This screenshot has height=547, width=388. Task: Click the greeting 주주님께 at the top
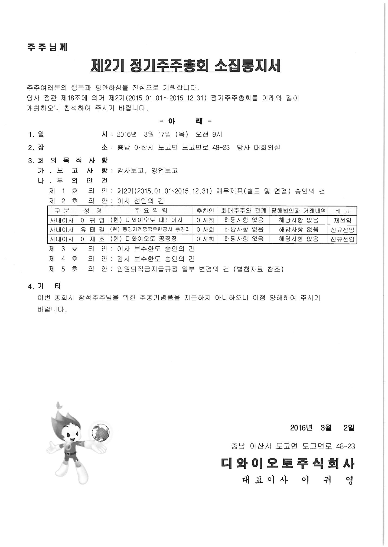tap(47, 47)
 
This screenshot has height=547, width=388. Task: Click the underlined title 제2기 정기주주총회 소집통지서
tap(185, 66)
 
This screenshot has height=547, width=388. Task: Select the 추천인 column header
tap(205, 211)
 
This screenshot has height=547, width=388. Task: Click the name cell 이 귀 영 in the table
tap(92, 220)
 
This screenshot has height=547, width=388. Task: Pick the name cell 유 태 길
tap(92, 230)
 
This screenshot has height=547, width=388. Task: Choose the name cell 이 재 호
tap(92, 239)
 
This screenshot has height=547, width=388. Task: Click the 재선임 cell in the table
tap(342, 220)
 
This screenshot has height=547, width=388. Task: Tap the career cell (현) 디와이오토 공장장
tap(144, 239)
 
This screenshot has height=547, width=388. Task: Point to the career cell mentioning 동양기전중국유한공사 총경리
tap(150, 230)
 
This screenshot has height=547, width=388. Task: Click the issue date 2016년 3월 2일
tap(322, 428)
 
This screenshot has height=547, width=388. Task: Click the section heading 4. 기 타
tap(45, 286)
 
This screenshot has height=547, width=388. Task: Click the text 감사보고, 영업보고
tap(148, 171)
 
